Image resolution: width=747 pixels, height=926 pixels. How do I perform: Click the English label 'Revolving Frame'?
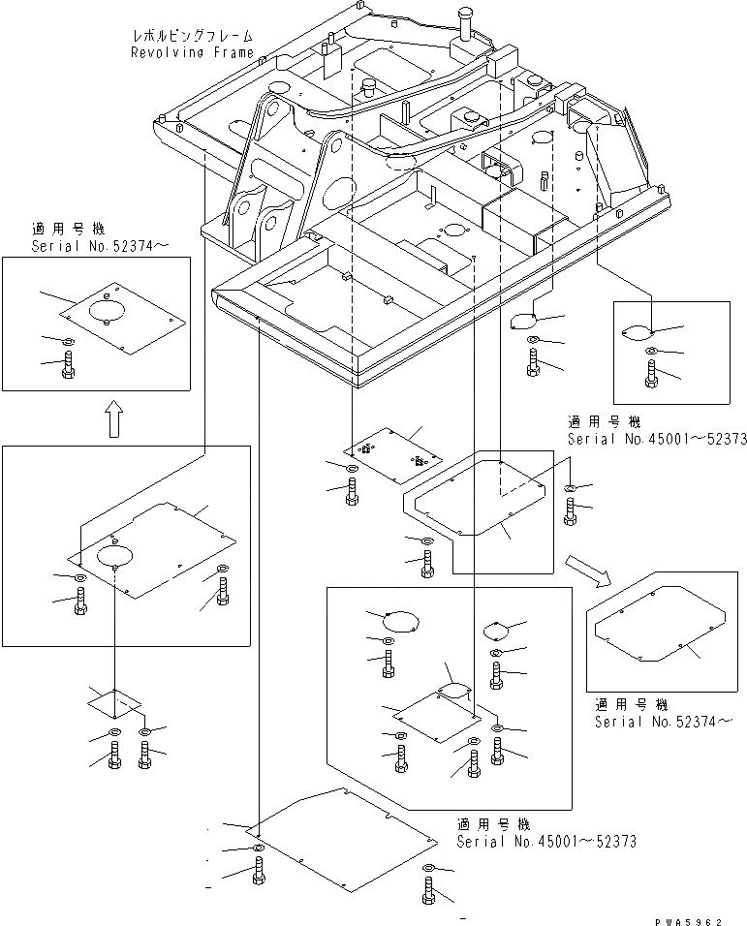[x=193, y=52]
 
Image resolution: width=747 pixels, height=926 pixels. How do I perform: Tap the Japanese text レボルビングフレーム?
[x=193, y=37]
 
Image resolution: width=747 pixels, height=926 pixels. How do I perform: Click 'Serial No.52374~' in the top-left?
[x=99, y=246]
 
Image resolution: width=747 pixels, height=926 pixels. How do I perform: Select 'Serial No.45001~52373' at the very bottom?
[x=546, y=841]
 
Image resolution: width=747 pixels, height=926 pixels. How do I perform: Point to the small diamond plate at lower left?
[x=113, y=702]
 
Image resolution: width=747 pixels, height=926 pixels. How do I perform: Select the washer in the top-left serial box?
[x=65, y=342]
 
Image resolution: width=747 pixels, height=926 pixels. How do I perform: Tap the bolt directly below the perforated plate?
[x=351, y=490]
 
